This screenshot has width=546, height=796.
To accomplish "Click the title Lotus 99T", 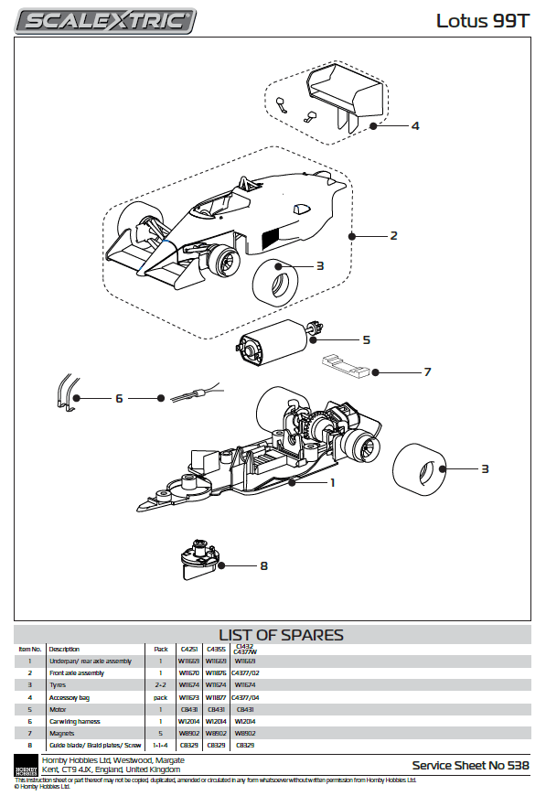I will (482, 20).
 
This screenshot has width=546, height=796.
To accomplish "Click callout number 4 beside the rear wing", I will (414, 125).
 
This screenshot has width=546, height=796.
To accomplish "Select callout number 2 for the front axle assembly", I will (393, 235).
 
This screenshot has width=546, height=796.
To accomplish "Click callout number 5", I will (366, 339).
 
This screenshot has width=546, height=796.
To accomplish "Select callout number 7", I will (426, 372).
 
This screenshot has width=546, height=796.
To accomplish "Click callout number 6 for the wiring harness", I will (118, 398).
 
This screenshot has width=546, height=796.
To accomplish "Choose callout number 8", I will (263, 565).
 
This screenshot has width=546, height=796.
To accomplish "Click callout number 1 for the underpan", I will (333, 482).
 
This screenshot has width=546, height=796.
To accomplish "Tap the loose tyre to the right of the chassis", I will (418, 468).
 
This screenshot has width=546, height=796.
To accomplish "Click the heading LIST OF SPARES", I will (281, 635).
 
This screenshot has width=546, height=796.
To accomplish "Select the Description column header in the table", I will (64, 650).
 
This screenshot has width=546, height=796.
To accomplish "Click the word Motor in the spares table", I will (59, 709).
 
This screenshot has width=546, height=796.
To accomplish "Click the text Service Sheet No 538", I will (469, 765).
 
